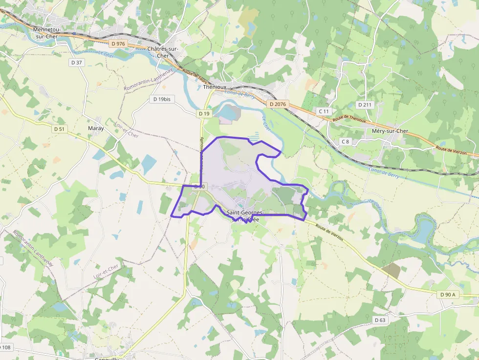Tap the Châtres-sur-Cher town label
tap(163, 52)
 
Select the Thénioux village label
tap(215, 87)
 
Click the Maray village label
tap(96, 128)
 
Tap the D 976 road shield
tap(118, 43)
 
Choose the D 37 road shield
tap(77, 62)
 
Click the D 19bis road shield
tap(162, 99)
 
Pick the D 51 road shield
tap(59, 129)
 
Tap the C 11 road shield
tap(324, 111)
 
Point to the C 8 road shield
tap(346, 142)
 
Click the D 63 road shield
tap(380, 320)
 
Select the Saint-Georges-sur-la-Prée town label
tap(245, 216)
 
